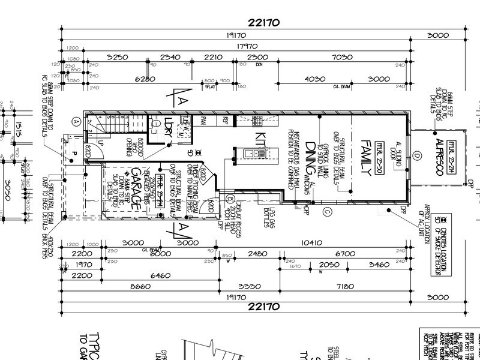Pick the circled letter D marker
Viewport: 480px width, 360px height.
click(x=416, y=157)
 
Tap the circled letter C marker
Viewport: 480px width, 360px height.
click(x=327, y=211)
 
